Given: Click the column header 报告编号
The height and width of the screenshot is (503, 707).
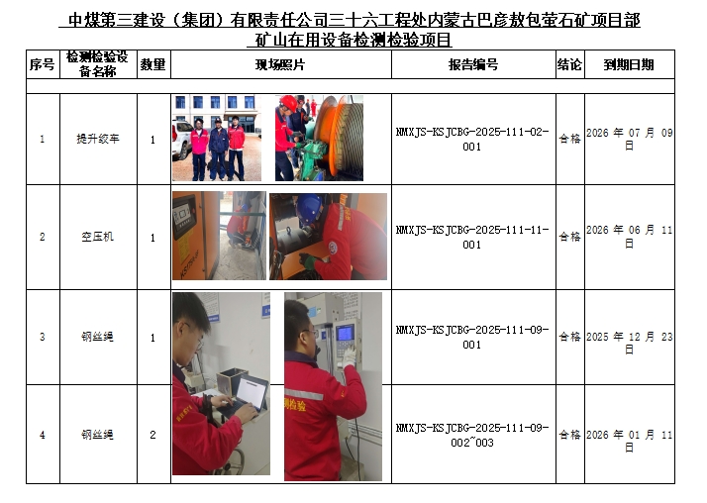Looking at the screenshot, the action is [473, 65].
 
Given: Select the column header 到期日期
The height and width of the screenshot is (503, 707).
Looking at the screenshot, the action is [629, 65].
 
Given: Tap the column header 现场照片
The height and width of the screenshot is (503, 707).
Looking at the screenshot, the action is [280, 65].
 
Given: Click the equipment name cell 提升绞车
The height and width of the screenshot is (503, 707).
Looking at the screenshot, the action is [98, 139].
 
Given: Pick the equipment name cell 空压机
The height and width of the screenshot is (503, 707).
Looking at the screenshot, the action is [98, 237].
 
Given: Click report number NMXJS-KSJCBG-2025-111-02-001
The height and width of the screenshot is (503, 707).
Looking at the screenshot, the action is [472, 140].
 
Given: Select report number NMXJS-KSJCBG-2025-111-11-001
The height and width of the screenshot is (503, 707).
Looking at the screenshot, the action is [472, 237].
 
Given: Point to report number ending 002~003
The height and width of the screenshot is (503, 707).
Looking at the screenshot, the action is [472, 435].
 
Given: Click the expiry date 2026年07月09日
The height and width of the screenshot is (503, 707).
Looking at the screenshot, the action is [630, 140].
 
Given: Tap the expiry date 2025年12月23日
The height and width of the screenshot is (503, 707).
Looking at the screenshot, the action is [630, 343].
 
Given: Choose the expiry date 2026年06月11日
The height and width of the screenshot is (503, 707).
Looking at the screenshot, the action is [630, 237].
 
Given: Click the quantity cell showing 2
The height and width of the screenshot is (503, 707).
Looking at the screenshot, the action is [152, 435].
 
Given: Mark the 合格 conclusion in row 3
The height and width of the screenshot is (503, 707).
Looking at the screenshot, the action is [570, 337].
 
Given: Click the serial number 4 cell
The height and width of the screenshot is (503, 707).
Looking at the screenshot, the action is [43, 435].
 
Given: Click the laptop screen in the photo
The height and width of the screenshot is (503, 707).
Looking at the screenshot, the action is [252, 392].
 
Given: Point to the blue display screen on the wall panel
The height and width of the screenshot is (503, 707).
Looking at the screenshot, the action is [346, 334].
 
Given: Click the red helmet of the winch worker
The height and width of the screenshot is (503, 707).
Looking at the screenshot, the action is [288, 103].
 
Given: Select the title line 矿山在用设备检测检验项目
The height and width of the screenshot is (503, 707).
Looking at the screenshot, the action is [353, 41].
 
